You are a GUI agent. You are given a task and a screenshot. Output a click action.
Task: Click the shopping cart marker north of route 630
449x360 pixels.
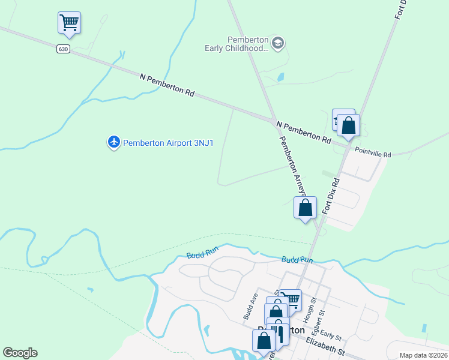[x=69, y=23]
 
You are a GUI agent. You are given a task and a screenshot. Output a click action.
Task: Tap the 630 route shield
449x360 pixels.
[x=64, y=49]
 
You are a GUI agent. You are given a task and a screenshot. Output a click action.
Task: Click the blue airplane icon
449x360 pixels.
[x=113, y=142]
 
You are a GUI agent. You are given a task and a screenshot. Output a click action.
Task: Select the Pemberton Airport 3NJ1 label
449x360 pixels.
[x=169, y=143]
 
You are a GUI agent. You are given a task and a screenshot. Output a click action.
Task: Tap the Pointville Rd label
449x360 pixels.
[x=373, y=154]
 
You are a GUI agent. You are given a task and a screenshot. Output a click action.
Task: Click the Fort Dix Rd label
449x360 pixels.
[x=331, y=195]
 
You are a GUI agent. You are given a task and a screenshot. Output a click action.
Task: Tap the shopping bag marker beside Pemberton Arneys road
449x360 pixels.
[x=306, y=208]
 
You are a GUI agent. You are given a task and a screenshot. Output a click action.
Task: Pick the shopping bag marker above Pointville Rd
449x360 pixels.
[x=348, y=126]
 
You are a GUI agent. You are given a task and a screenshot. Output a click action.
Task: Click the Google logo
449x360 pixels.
[x=20, y=353]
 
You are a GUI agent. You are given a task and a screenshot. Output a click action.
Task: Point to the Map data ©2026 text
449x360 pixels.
[x=423, y=355]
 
